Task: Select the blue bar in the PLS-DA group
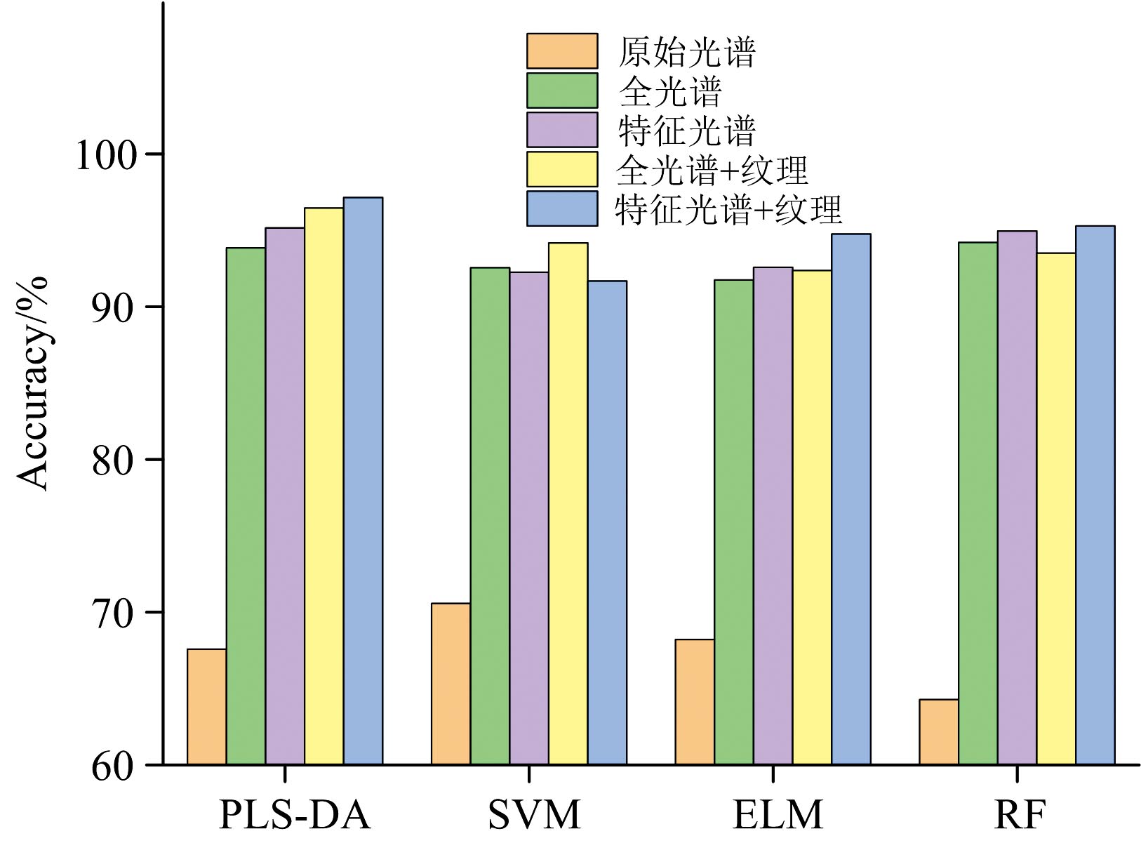363,481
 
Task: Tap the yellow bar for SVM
568,503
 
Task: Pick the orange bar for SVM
451,684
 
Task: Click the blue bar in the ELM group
850,499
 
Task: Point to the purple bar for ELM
773,516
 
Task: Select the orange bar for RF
938,731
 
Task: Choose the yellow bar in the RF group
1056,508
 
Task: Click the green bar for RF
977,503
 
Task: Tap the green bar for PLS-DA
246,506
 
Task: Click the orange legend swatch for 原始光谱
562,51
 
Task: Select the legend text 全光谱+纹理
712,169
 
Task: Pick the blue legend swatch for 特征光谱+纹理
562,208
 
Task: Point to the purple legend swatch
562,130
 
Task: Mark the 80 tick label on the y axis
112,460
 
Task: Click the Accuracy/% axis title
32,383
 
